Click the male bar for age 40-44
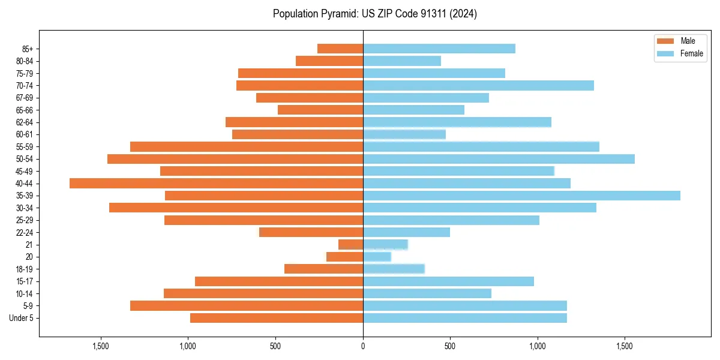[216, 184]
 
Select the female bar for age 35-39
[521, 196]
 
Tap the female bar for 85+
[439, 49]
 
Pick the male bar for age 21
[351, 245]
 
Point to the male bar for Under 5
[277, 318]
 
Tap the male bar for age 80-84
[329, 61]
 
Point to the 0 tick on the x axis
[363, 347]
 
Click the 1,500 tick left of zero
[101, 347]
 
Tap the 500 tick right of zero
[450, 347]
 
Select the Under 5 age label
[22, 318]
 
